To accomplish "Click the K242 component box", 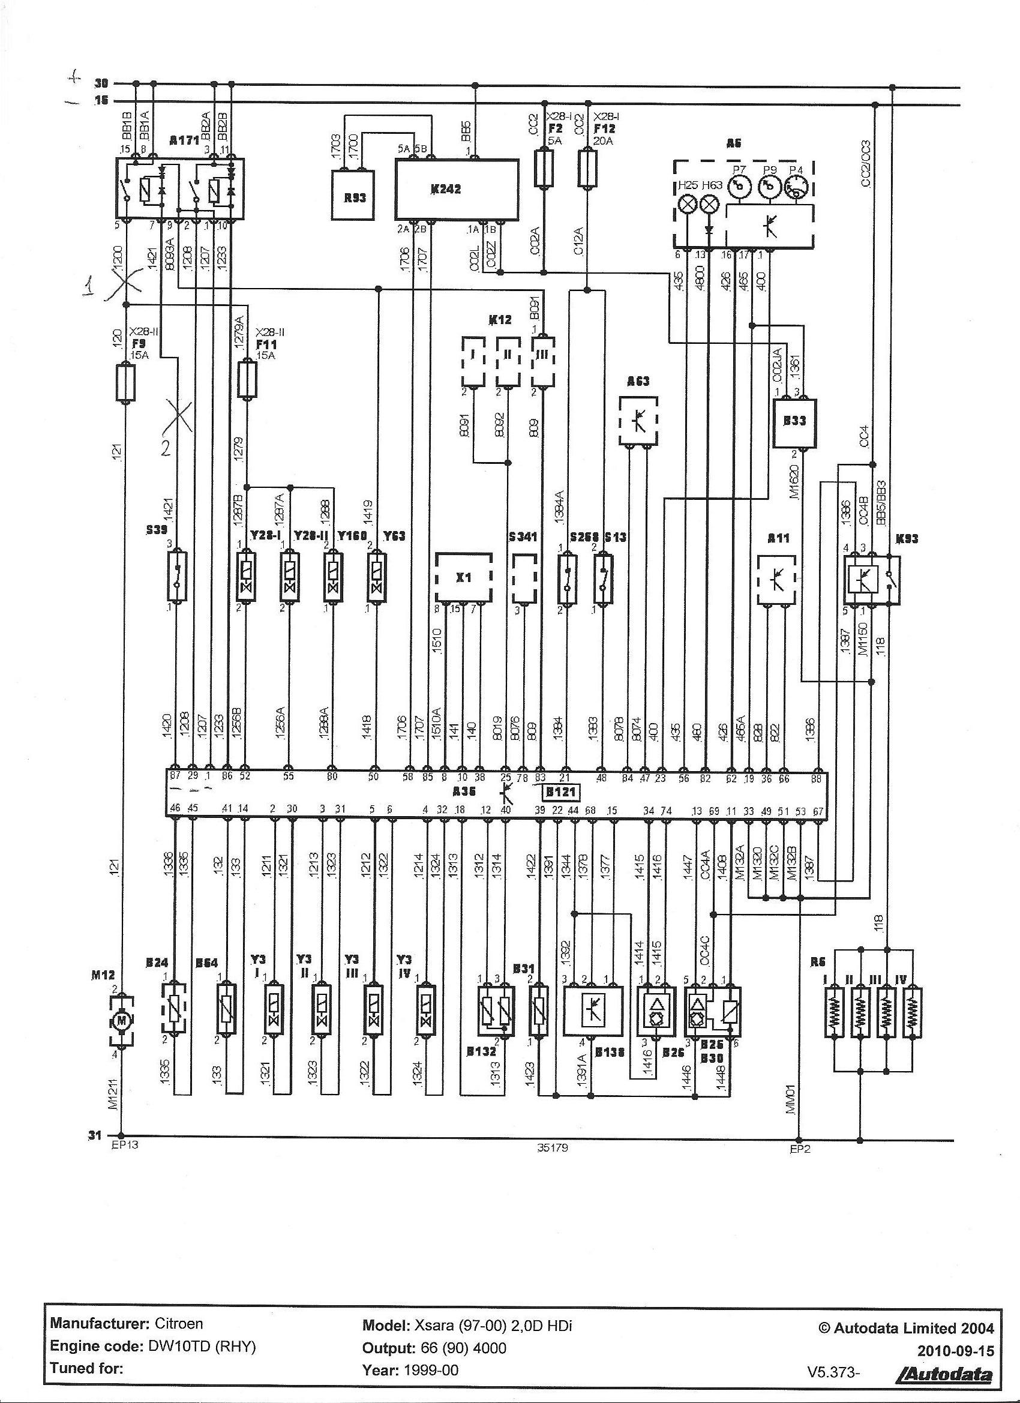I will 457,189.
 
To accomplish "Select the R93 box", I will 355,197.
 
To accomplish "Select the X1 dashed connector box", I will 463,577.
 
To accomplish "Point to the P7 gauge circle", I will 739,186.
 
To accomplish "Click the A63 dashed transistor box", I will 638,420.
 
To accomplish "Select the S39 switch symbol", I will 177,575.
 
